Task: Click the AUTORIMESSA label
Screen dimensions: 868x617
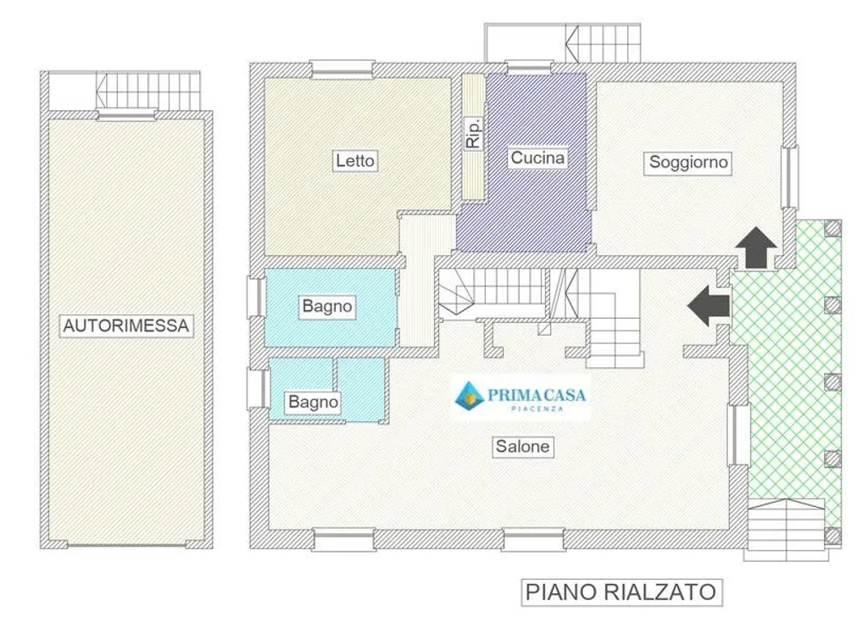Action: click(x=126, y=325)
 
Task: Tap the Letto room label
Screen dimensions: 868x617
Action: click(x=355, y=160)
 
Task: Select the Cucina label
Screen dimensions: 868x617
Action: click(x=537, y=158)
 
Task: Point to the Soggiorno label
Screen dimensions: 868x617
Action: click(x=688, y=162)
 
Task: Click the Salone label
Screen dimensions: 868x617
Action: click(x=522, y=446)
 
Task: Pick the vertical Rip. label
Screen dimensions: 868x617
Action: click(x=473, y=133)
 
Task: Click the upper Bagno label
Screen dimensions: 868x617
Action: click(x=327, y=305)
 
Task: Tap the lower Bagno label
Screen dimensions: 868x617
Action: click(x=314, y=401)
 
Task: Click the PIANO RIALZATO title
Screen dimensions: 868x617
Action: click(x=620, y=592)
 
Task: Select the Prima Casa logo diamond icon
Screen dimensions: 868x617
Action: click(x=470, y=395)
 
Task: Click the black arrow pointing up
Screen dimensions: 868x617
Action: click(x=756, y=247)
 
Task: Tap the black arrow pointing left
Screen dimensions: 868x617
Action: click(x=709, y=305)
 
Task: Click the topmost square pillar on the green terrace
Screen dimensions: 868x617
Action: click(x=832, y=228)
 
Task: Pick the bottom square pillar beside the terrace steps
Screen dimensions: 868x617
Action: click(x=832, y=536)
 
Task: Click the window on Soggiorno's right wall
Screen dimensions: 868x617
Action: click(x=790, y=177)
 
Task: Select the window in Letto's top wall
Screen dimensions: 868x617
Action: click(x=342, y=69)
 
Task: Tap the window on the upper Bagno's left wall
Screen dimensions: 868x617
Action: click(x=256, y=297)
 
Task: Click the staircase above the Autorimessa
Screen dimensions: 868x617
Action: click(x=147, y=91)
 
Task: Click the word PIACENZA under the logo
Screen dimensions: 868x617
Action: click(x=537, y=409)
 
